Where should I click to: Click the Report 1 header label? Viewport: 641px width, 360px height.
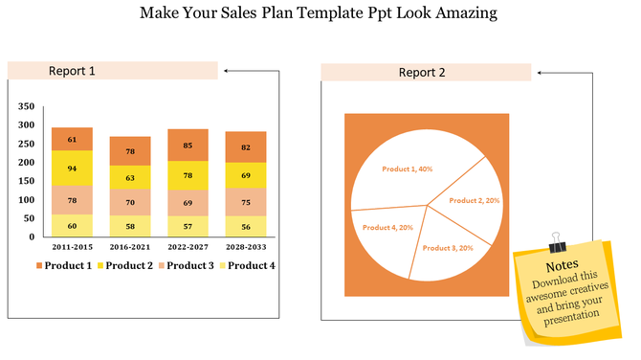pos(72,71)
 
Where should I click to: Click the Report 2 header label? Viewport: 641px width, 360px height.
pos(422,72)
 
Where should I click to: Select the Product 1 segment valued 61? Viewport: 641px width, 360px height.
pos(72,139)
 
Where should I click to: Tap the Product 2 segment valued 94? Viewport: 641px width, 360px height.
pos(72,168)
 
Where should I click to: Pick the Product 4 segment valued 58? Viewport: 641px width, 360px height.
pos(130,226)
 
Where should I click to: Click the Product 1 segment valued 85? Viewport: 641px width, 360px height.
pos(188,146)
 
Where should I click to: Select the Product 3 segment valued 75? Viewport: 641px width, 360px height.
pos(246,202)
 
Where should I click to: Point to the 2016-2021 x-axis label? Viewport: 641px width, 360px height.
pos(130,247)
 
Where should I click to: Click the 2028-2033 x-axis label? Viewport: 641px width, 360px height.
pos(246,247)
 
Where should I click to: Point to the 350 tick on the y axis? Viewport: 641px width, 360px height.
pos(26,107)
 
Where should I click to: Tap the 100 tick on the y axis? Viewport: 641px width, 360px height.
pos(26,199)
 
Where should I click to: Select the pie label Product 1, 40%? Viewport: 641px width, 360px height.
pos(408,169)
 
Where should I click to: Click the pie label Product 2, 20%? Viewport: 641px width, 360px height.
pos(475,200)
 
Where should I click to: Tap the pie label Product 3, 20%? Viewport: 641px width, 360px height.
pos(449,248)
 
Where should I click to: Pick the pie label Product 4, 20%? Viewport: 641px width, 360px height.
pos(387,227)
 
